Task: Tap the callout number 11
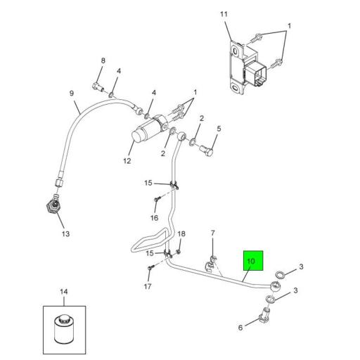(x=224, y=15)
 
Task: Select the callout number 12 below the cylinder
(x=127, y=160)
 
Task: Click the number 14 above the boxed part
(x=63, y=291)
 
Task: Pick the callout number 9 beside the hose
(x=71, y=94)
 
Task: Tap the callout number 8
(x=103, y=61)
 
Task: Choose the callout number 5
(x=219, y=128)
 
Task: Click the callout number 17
(x=147, y=286)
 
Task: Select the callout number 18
(x=181, y=233)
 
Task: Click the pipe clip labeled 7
(x=210, y=264)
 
